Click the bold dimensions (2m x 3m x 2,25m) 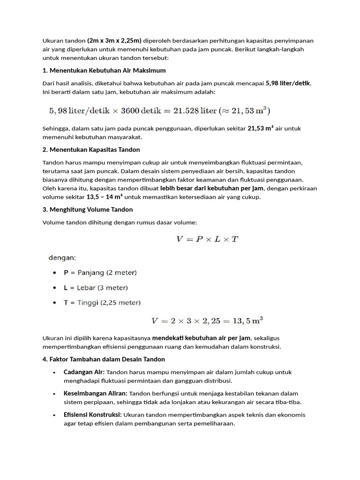(x=114, y=40)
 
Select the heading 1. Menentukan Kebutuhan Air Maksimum (x=104, y=71)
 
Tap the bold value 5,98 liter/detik (x=288, y=83)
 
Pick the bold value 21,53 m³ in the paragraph (x=260, y=128)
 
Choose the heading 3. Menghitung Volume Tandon (x=88, y=210)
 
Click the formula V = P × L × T (x=207, y=239)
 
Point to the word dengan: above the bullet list (x=63, y=257)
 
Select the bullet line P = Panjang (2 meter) (x=100, y=272)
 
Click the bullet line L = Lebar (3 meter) (x=96, y=287)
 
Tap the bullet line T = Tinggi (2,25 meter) (x=102, y=302)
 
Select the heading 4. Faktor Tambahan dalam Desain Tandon (x=104, y=359)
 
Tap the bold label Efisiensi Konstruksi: (x=93, y=415)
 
